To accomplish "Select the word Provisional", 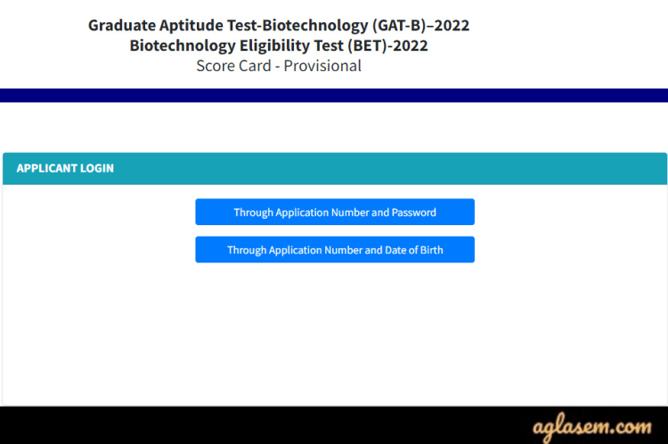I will click(322, 66).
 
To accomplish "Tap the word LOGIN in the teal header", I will click(99, 168).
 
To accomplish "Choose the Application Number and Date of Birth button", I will click(335, 250).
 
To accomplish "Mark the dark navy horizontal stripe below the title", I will click(334, 95).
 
